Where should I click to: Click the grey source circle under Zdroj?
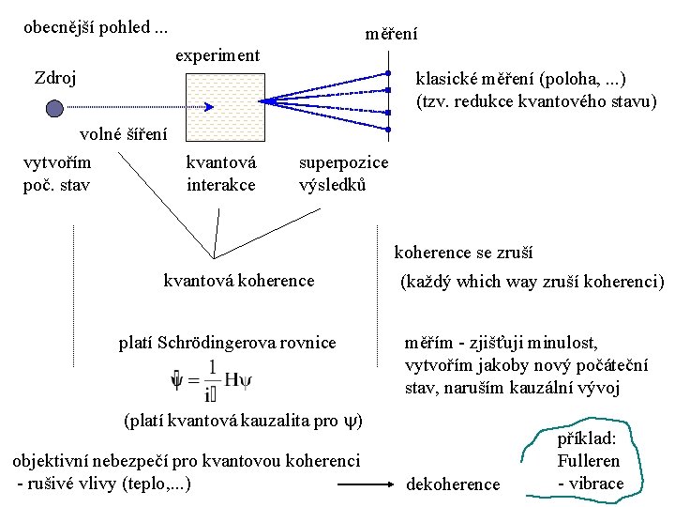coord(54,107)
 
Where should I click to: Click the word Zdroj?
coord(55,77)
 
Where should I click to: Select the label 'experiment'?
coord(217,55)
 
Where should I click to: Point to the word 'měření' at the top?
coord(391,34)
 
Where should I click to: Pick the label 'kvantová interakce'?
coord(221,174)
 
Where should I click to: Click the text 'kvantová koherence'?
coord(239,280)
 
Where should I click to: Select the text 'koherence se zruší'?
coord(463,252)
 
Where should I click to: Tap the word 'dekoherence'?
coord(453,484)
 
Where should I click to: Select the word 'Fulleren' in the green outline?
coord(588,461)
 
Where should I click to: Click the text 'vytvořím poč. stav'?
coord(57,174)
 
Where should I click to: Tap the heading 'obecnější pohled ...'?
coord(96,27)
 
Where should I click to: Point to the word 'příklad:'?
coord(587,438)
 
